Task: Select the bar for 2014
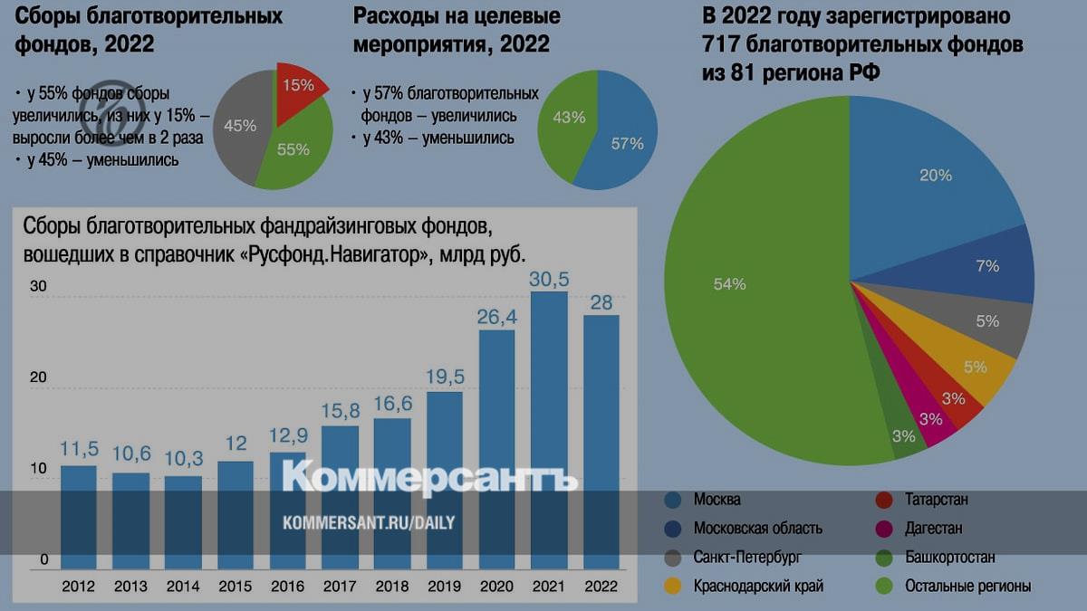click(x=183, y=521)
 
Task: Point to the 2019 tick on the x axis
click(x=444, y=586)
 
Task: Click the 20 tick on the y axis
click(x=38, y=377)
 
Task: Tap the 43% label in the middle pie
click(x=568, y=118)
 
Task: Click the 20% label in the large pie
click(x=936, y=177)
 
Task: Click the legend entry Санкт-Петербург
click(x=746, y=558)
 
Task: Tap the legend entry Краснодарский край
click(x=757, y=586)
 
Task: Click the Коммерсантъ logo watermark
click(x=430, y=477)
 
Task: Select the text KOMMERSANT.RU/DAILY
click(x=369, y=523)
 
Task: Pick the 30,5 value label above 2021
click(x=549, y=277)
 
